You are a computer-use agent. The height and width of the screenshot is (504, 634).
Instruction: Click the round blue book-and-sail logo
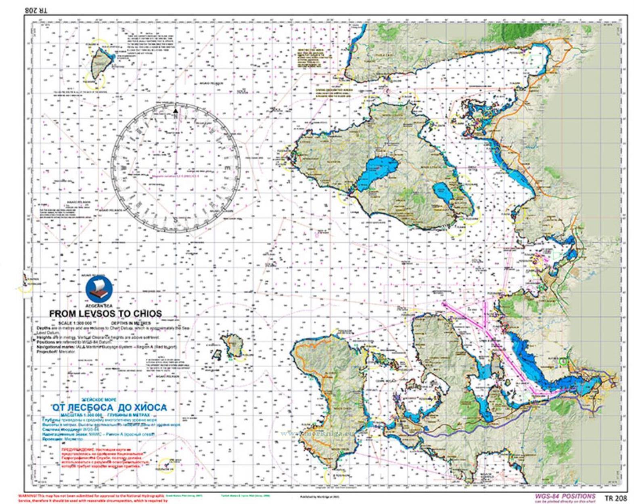point(99,289)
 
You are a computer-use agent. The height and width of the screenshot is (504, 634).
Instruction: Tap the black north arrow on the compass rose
point(176,111)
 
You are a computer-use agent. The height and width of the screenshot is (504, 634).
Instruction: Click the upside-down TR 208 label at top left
point(36,10)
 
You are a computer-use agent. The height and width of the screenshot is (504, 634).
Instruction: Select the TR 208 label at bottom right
point(615,498)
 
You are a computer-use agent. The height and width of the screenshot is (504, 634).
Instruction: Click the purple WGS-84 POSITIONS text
point(565,496)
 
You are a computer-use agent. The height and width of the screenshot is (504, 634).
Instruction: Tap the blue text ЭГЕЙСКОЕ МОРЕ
point(99,400)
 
